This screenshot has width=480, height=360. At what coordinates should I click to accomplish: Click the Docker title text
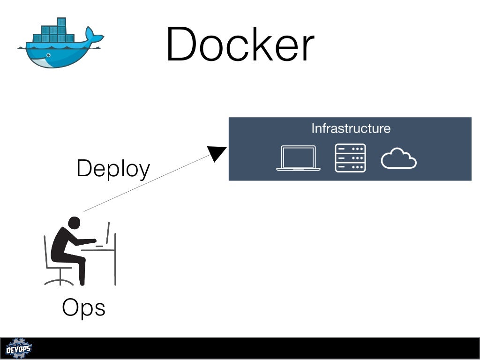[240, 45]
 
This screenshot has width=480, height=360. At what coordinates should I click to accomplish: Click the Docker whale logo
[59, 45]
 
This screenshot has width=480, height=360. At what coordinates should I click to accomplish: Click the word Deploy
[113, 169]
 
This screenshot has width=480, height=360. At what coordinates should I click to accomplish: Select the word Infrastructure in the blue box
[351, 128]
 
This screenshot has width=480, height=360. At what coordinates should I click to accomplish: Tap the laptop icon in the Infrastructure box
[298, 158]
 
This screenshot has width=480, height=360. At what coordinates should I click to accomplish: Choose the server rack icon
[350, 158]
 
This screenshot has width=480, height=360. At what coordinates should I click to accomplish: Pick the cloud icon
[398, 159]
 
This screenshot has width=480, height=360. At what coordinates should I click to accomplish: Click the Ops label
[83, 308]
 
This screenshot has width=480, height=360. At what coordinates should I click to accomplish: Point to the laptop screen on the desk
[108, 233]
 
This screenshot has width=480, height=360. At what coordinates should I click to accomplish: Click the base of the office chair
[59, 282]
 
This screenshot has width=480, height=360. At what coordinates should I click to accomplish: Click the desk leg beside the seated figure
[114, 267]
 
